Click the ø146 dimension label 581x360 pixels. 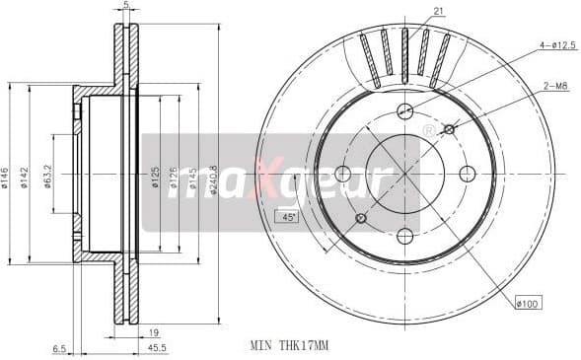coord(6,179)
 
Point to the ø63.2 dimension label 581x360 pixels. coord(48,177)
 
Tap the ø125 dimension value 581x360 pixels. coord(156,179)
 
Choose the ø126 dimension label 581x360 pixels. coord(175,179)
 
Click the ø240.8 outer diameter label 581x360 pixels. coord(214,179)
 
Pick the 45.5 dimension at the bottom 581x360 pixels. coord(157,348)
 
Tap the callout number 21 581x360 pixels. coord(438,11)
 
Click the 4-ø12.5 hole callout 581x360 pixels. coord(555,45)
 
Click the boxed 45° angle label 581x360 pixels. coord(289,216)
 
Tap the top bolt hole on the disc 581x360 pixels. coord(404,111)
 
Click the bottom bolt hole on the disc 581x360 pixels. coord(404,235)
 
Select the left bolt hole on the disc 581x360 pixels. coord(343,174)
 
